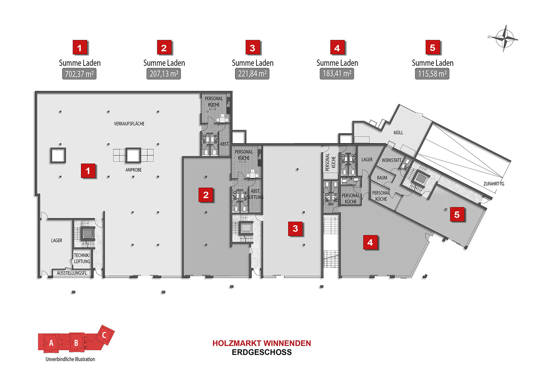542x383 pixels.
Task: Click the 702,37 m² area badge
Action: [x=79, y=74]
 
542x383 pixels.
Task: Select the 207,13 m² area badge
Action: [x=164, y=74]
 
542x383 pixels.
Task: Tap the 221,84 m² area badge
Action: [x=252, y=74]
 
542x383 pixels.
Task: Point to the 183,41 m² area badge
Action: [x=337, y=74]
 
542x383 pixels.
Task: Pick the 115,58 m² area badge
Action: [x=432, y=74]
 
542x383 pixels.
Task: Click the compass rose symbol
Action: [x=505, y=38]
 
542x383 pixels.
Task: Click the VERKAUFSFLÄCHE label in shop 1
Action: [x=129, y=124]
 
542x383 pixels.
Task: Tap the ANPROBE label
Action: [x=133, y=170]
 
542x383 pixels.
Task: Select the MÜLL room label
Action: [x=398, y=133]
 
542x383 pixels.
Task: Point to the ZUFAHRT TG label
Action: [x=494, y=184]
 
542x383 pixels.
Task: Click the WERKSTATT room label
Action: [x=391, y=160]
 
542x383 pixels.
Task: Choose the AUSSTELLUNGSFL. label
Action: [x=72, y=273]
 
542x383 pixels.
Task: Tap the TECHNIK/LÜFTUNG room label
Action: [x=82, y=258]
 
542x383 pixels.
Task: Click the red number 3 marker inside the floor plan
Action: [x=295, y=228]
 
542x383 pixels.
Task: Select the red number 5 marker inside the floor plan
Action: [x=457, y=215]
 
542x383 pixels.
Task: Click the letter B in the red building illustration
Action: [x=76, y=343]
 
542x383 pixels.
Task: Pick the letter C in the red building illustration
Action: [x=104, y=335]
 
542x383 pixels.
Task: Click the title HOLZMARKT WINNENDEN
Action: [x=262, y=343]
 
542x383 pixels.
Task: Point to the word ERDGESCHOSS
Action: [x=262, y=352]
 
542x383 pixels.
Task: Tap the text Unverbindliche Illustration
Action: [x=70, y=359]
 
